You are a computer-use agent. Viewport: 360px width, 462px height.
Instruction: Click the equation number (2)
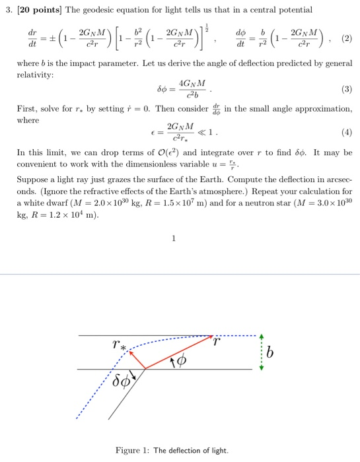tap(345, 38)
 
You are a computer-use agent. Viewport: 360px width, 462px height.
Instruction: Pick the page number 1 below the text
tap(173, 239)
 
